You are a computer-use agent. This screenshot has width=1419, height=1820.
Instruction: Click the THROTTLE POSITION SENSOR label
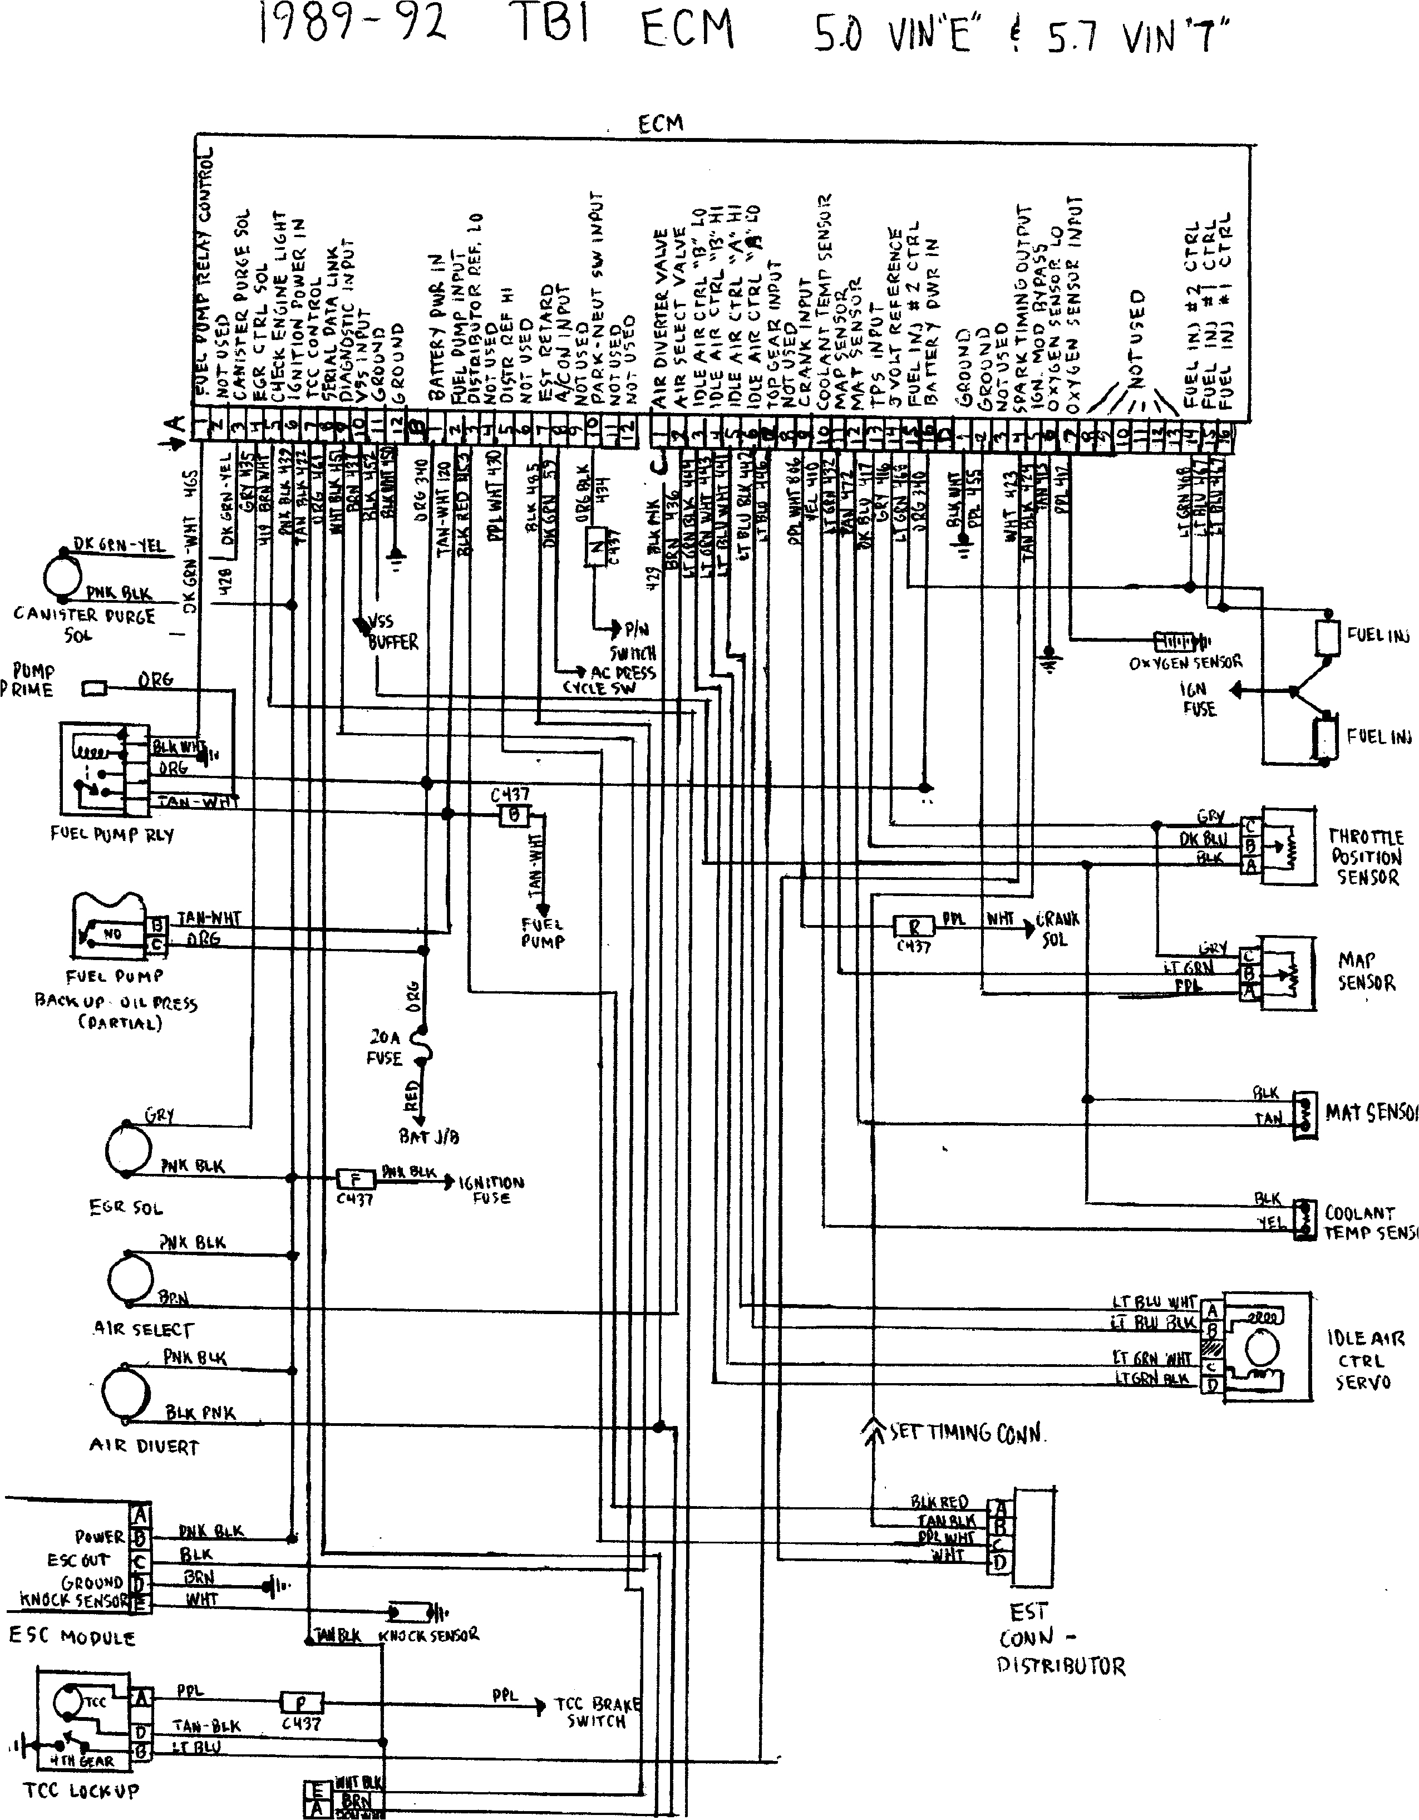pyautogui.click(x=1365, y=857)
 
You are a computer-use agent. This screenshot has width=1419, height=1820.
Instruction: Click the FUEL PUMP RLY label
pyautogui.click(x=112, y=834)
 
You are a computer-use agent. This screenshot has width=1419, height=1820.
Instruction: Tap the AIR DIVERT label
pyautogui.click(x=144, y=1447)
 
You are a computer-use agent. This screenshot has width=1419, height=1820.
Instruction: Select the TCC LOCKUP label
pyautogui.click(x=81, y=1790)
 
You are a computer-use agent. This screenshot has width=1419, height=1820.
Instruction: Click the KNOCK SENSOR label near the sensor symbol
pyautogui.click(x=428, y=1635)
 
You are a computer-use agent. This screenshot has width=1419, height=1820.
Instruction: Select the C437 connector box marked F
pyautogui.click(x=356, y=1179)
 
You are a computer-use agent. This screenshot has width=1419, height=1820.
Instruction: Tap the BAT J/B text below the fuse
pyautogui.click(x=428, y=1136)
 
